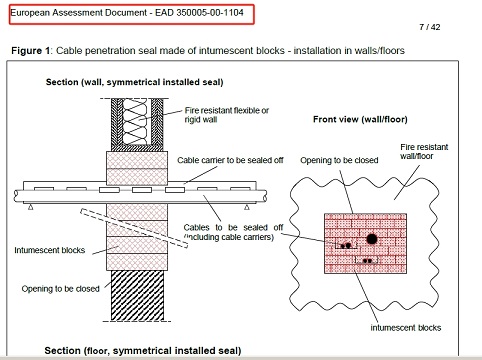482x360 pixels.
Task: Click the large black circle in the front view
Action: point(371,240)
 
